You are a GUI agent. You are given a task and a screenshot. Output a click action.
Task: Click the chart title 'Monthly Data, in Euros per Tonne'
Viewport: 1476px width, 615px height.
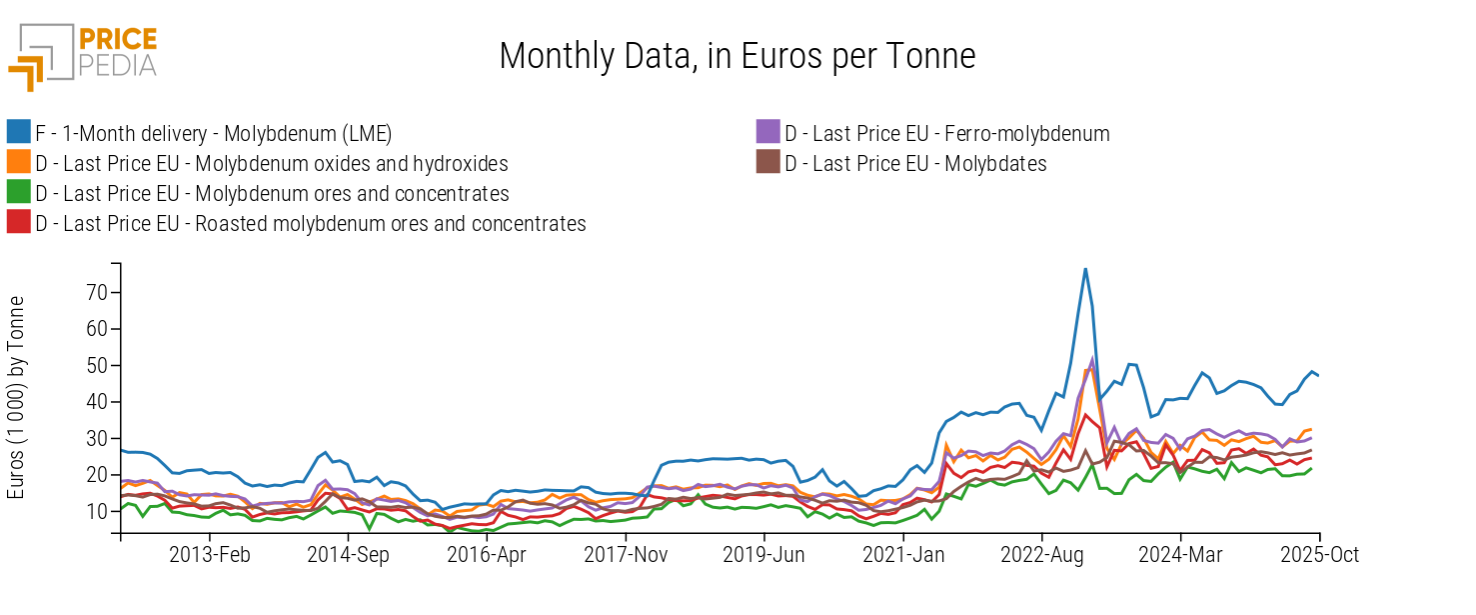[x=737, y=56]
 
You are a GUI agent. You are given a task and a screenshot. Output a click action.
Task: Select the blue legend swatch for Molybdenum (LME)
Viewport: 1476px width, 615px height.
[x=18, y=133]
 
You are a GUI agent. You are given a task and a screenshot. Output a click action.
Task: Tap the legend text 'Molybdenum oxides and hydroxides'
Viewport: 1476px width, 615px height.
[x=272, y=164]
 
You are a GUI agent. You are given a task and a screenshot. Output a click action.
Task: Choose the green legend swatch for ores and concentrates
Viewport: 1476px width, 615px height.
[x=18, y=194]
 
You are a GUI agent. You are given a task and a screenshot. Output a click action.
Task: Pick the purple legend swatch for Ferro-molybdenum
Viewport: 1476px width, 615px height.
[x=767, y=133]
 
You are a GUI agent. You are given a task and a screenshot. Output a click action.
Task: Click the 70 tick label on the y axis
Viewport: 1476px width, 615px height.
[x=95, y=292]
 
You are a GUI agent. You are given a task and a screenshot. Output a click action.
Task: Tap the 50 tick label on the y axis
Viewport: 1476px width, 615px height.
[x=95, y=365]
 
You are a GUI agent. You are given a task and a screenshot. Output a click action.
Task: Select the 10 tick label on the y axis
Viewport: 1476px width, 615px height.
[x=95, y=511]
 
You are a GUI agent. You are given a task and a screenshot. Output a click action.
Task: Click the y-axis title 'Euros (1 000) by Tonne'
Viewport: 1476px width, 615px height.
[x=17, y=398]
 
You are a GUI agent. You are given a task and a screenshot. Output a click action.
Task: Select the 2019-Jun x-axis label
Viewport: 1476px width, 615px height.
[x=764, y=555]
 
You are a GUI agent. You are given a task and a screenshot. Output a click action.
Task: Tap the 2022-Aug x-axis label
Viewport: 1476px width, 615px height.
[x=1042, y=555]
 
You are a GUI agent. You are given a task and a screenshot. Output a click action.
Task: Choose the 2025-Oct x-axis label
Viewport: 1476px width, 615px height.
[x=1320, y=555]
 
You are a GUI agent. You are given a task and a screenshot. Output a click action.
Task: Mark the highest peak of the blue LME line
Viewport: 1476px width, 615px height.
[x=1085, y=268]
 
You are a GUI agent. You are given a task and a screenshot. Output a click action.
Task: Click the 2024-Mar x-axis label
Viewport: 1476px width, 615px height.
[x=1180, y=555]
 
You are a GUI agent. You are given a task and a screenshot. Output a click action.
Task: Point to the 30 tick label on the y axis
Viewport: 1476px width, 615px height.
[x=95, y=438]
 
